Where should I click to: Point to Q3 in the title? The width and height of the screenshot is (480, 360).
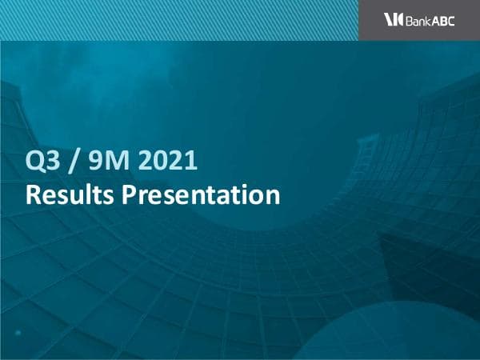pos(42,163)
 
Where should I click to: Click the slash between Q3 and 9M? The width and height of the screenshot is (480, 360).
pos(74,163)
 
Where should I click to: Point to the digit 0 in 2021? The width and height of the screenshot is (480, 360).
pos(159,163)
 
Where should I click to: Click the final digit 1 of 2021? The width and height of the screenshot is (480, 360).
pos(190,163)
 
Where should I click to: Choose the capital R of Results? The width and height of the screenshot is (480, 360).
pos(33,194)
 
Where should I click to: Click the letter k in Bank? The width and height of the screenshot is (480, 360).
pos(429,20)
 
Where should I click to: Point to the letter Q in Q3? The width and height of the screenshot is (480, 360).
pos(34,163)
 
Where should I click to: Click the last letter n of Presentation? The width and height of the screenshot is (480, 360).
pos(273,195)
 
